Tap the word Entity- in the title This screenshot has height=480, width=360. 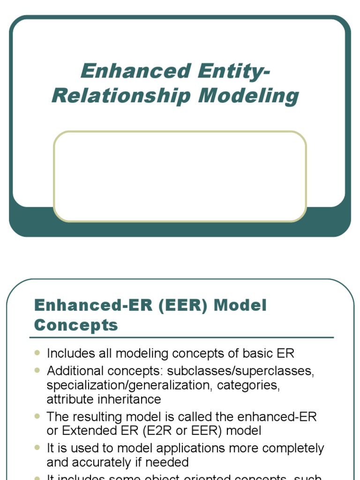click(x=234, y=71)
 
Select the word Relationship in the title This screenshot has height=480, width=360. click(x=122, y=96)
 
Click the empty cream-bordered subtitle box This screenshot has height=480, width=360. click(x=180, y=176)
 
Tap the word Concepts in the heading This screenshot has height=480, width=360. click(x=76, y=325)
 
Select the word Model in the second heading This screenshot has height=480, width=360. click(x=240, y=305)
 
